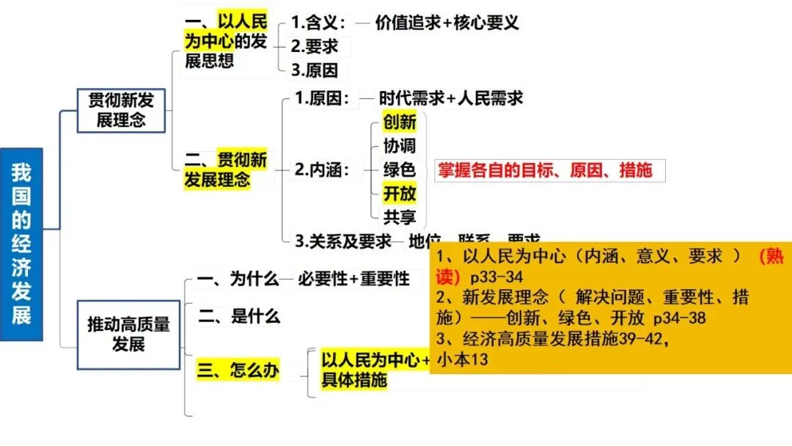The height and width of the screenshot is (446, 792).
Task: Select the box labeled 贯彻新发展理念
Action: click(x=122, y=110)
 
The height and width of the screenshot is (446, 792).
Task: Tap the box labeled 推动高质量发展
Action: click(x=128, y=334)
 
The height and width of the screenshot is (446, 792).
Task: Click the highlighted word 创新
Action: click(x=400, y=122)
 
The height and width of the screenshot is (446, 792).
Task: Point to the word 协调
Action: click(x=400, y=145)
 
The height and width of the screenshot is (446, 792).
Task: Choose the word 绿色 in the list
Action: click(x=400, y=169)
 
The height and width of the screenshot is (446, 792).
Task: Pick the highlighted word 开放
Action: click(x=400, y=194)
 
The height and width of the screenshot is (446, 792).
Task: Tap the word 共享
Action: click(x=400, y=217)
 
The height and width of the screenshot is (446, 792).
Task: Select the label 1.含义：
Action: click(x=318, y=22)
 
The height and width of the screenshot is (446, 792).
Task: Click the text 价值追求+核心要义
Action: click(x=447, y=22)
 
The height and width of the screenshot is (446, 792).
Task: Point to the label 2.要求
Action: click(x=315, y=46)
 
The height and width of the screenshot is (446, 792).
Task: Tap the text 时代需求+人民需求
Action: click(x=451, y=98)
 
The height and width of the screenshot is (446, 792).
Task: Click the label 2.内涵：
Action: click(x=322, y=170)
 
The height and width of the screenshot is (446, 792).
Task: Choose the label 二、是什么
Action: click(x=239, y=317)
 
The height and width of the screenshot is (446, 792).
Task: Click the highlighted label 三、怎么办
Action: click(x=239, y=370)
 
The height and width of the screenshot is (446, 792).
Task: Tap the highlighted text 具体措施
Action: click(x=354, y=381)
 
